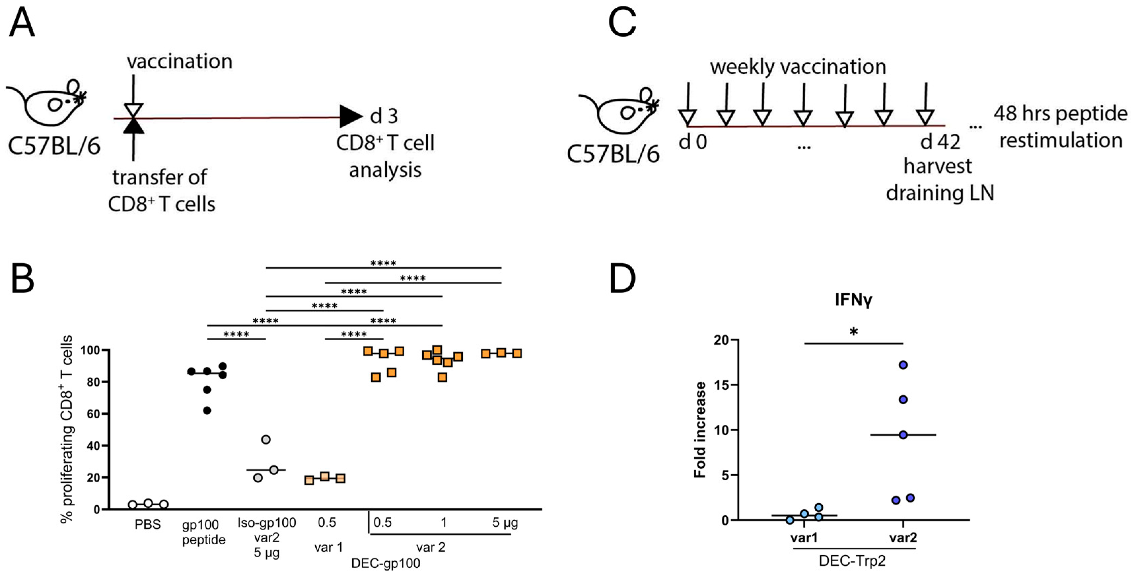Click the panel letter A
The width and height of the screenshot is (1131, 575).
click(x=22, y=24)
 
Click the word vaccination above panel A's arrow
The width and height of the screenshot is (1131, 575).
click(x=180, y=62)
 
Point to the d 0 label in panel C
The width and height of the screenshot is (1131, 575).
click(x=693, y=142)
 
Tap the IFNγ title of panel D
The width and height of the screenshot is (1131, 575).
click(x=853, y=300)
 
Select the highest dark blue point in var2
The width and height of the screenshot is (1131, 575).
click(x=903, y=365)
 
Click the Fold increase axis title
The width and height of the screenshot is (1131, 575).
click(x=700, y=429)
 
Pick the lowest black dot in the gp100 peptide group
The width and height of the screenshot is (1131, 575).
click(x=207, y=411)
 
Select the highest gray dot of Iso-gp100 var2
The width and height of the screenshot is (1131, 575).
click(x=266, y=440)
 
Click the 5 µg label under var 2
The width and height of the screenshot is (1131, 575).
click(x=505, y=523)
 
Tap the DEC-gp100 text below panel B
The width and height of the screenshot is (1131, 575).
click(x=386, y=563)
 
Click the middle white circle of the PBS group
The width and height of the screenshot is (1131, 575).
click(x=148, y=503)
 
